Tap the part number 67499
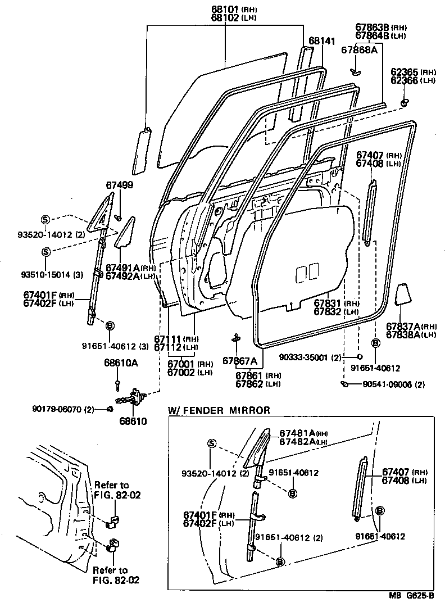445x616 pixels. pyautogui.click(x=120, y=185)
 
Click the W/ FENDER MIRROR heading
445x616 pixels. pyautogui.click(x=219, y=410)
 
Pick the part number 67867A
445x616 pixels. pyautogui.click(x=239, y=361)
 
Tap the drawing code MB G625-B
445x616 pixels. pyautogui.click(x=412, y=596)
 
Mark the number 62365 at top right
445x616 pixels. pyautogui.click(x=405, y=73)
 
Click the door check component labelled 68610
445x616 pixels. pyautogui.click(x=135, y=398)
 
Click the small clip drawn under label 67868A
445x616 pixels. pyautogui.click(x=355, y=71)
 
